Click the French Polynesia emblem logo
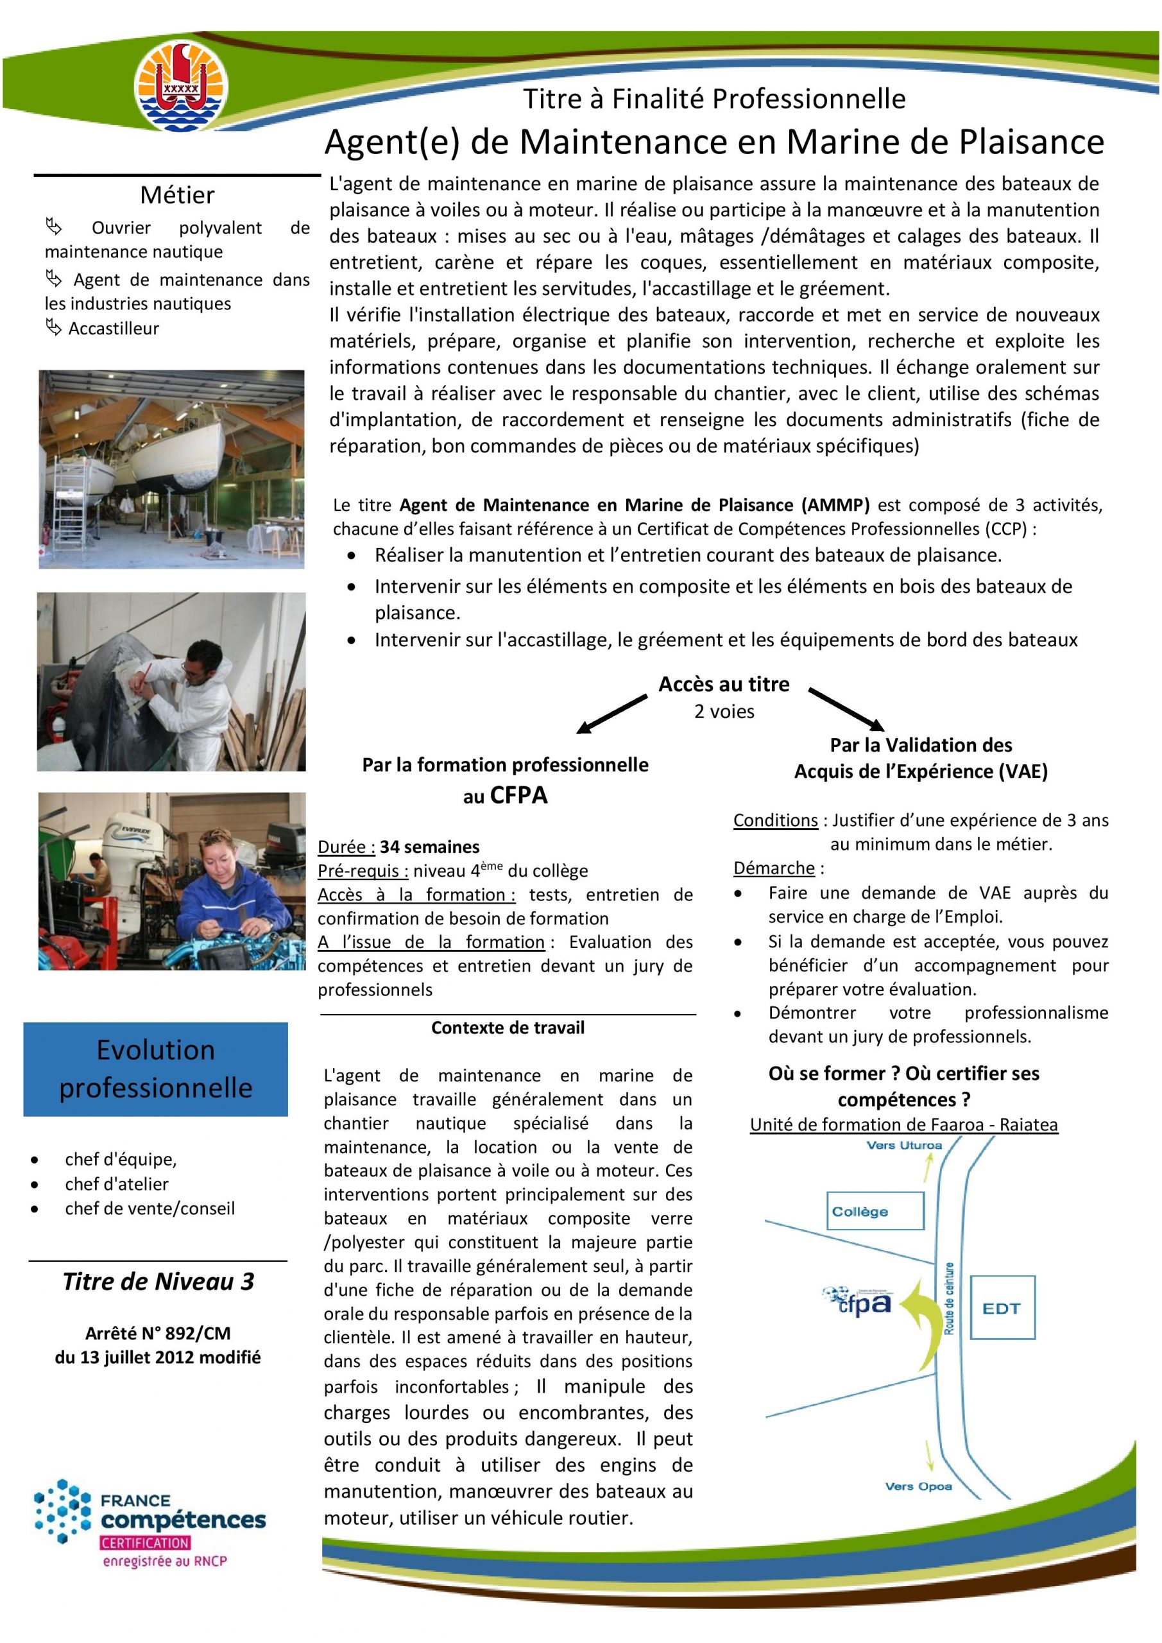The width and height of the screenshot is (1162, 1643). pyautogui.click(x=182, y=87)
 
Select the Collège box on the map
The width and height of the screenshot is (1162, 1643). pyautogui.click(x=875, y=1212)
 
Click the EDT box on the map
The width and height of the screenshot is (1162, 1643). pyautogui.click(x=1002, y=1308)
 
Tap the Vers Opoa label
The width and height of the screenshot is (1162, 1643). pyautogui.click(x=918, y=1486)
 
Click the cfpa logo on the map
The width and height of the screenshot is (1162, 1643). pyautogui.click(x=858, y=1302)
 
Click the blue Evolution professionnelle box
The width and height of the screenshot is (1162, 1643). pyautogui.click(x=155, y=1069)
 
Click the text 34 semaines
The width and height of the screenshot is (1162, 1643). pyautogui.click(x=429, y=847)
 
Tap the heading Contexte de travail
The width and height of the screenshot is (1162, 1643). pyautogui.click(x=508, y=1028)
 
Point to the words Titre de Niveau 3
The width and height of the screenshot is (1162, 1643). pyautogui.click(x=158, y=1282)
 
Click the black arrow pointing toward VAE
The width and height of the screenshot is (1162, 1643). pyautogui.click(x=846, y=707)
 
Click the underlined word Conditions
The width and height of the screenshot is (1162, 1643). pyautogui.click(x=775, y=820)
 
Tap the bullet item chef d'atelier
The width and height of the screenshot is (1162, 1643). pyautogui.click(x=117, y=1184)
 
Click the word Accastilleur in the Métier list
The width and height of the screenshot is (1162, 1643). pyautogui.click(x=114, y=329)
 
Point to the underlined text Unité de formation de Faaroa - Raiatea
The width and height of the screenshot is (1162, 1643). pyautogui.click(x=903, y=1124)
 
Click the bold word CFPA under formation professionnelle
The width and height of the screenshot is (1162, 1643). pyautogui.click(x=518, y=795)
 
